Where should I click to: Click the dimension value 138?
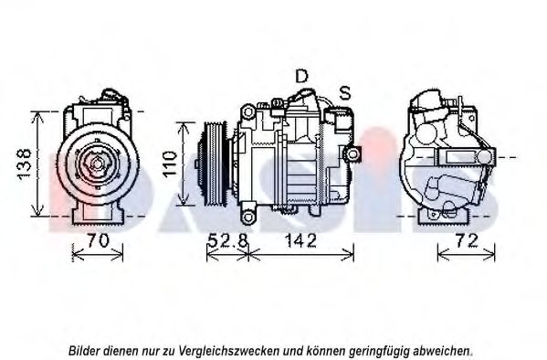25,164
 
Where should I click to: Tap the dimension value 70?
98,240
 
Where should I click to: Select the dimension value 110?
170,164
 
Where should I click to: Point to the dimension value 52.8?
227,240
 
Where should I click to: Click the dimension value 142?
300,240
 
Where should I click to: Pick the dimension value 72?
467,240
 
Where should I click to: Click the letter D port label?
301,76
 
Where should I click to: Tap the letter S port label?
345,92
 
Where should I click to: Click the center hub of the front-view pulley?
97,164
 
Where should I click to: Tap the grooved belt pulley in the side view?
215,164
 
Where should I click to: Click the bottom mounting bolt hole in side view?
248,217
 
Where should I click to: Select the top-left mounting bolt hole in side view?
248,112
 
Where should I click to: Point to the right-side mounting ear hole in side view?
353,154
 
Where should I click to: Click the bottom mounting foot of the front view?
98,214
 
